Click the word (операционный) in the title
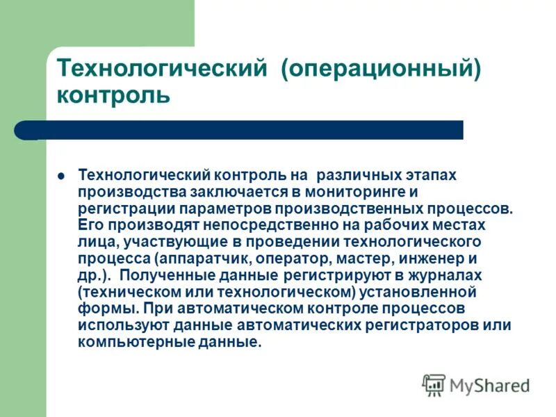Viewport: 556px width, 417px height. [380, 69]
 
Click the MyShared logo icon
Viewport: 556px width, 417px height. [434, 384]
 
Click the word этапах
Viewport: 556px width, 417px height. [432, 175]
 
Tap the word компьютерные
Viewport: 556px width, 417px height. [124, 342]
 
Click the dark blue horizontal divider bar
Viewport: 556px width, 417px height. [250, 130]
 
